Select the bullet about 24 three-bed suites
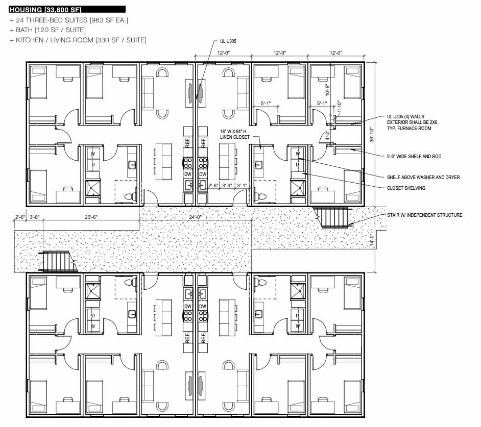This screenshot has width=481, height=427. point(69,20)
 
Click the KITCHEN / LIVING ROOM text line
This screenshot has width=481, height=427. point(78,40)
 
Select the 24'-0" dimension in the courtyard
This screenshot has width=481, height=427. point(195,217)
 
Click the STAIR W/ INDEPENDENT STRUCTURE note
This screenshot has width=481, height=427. point(424,215)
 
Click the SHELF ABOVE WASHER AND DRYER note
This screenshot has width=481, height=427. point(423,177)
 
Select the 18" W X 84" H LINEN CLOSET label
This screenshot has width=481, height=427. point(236,134)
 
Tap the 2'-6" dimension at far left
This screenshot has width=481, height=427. point(20,217)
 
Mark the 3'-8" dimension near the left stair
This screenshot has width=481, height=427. point(35,217)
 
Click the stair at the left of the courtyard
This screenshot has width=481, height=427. point(58,261)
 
